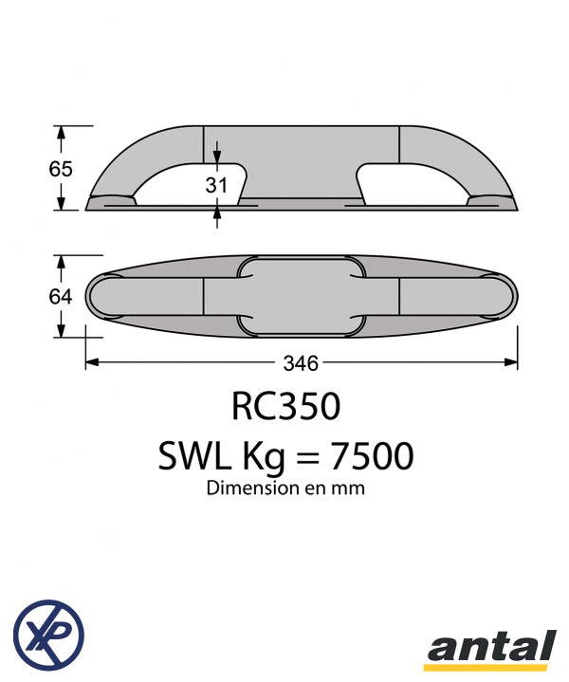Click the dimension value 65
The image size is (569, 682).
coord(60,169)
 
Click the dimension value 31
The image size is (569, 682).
coord(216,185)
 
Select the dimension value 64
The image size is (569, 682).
coord(60,297)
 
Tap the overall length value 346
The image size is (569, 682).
coord(301,362)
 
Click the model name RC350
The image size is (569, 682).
coord(285,406)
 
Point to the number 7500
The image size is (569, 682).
coord(372,456)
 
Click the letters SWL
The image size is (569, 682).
coord(194,456)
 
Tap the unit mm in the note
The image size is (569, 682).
coord(351,489)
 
